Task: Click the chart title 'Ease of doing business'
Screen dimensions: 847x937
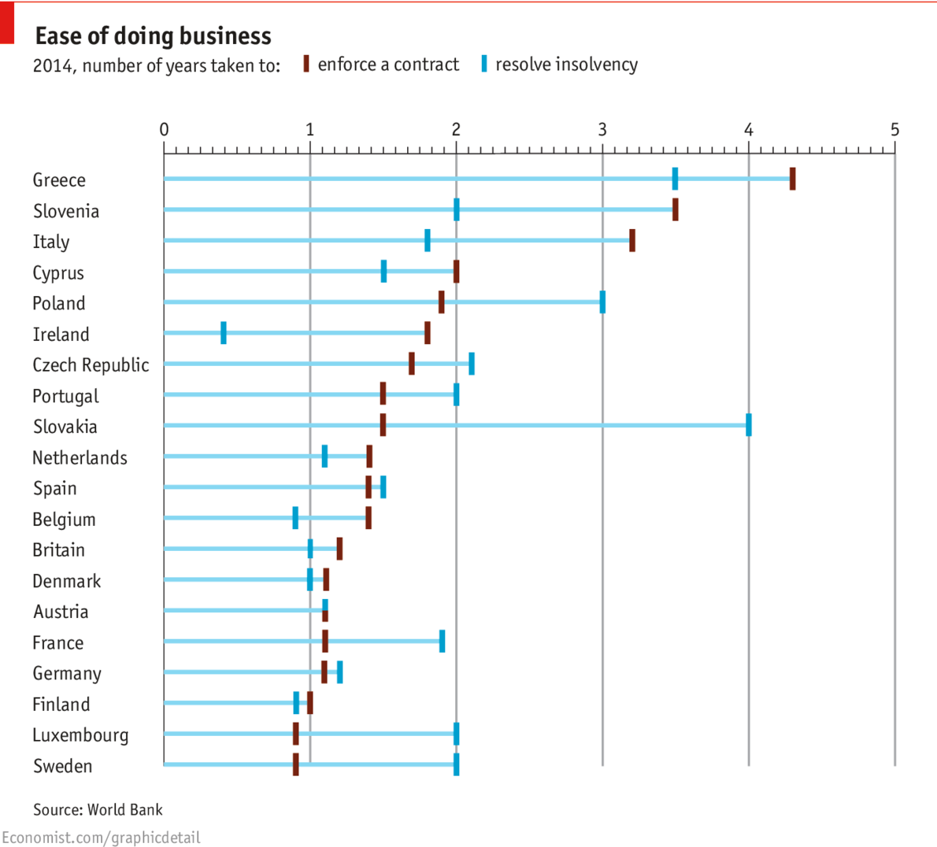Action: click(x=153, y=36)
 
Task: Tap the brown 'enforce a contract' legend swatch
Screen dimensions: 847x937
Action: click(x=306, y=64)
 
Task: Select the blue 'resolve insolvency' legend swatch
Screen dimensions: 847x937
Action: click(x=484, y=64)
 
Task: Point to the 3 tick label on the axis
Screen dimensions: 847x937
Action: click(x=602, y=129)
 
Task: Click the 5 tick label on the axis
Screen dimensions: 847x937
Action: click(x=894, y=129)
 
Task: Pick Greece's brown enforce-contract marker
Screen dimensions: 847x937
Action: click(x=792, y=179)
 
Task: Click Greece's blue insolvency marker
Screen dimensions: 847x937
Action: click(x=675, y=179)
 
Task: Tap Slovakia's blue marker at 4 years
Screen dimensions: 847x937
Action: click(x=748, y=425)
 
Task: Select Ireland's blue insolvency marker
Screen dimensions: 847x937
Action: click(x=224, y=333)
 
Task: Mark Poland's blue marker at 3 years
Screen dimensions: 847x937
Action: click(x=602, y=302)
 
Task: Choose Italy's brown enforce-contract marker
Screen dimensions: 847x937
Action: click(x=631, y=240)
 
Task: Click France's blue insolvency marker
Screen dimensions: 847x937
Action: click(x=442, y=641)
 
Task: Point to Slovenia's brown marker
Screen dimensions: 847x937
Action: click(x=675, y=209)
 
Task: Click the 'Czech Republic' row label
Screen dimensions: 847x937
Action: click(x=91, y=365)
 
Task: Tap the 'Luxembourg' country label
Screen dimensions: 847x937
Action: click(x=80, y=735)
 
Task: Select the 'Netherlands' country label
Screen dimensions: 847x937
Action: click(x=80, y=457)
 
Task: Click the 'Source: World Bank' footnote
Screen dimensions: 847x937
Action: click(x=98, y=809)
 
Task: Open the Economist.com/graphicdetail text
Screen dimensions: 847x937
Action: click(x=101, y=838)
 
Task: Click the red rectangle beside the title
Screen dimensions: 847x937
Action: click(x=7, y=23)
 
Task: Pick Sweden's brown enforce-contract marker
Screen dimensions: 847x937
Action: click(x=295, y=764)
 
